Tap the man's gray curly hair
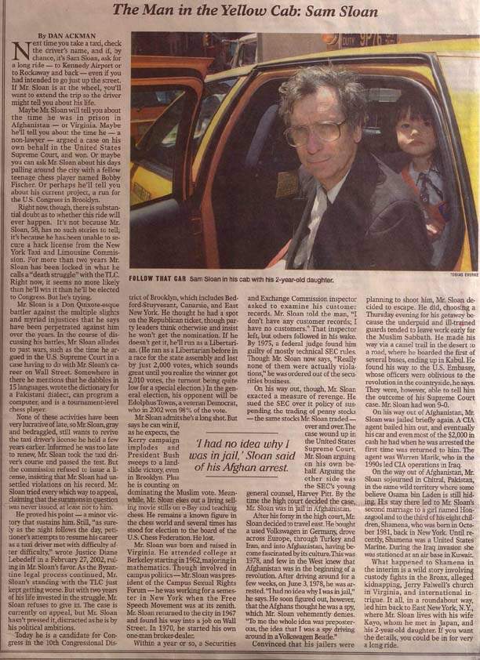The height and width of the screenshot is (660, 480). coord(314,90)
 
